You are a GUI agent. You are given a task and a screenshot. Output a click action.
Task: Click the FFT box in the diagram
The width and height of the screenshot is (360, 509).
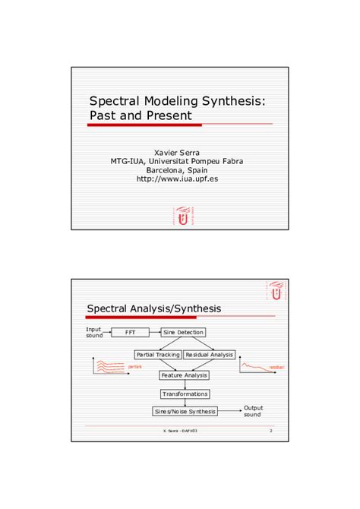click(x=131, y=332)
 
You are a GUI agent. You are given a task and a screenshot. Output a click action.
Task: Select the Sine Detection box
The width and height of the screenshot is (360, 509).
click(x=184, y=332)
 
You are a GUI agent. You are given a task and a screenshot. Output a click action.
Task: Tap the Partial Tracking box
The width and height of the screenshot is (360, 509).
click(x=158, y=354)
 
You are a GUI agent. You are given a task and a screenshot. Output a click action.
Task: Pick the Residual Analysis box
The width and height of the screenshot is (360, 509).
click(x=210, y=354)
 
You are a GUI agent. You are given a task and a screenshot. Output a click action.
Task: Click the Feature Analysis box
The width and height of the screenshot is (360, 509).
click(x=184, y=375)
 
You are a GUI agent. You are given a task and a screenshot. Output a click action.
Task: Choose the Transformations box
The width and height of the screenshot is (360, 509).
click(x=185, y=394)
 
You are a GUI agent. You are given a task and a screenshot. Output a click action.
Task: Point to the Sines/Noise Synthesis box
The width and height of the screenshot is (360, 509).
click(x=185, y=411)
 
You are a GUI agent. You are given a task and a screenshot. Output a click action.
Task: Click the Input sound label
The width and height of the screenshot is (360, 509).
click(x=94, y=332)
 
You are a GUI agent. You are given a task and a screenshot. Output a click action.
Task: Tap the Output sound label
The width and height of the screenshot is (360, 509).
click(x=253, y=411)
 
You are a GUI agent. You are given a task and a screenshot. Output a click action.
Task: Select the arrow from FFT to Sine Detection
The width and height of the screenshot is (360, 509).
click(x=154, y=332)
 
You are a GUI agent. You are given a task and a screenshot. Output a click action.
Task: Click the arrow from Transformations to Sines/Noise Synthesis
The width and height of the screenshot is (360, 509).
click(x=185, y=402)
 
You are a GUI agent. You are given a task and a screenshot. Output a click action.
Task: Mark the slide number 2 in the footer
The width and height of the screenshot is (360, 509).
click(x=270, y=432)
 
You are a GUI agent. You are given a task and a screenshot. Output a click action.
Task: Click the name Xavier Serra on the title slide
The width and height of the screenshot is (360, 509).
click(x=177, y=152)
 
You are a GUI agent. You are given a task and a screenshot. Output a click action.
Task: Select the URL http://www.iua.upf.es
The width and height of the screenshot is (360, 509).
click(x=177, y=179)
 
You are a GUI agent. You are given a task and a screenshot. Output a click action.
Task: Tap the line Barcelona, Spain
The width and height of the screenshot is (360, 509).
click(x=177, y=170)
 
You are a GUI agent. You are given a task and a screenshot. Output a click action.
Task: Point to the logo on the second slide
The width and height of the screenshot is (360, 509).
click(x=276, y=290)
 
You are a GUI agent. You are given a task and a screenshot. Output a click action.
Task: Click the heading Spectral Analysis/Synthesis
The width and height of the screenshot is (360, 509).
click(x=154, y=308)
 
